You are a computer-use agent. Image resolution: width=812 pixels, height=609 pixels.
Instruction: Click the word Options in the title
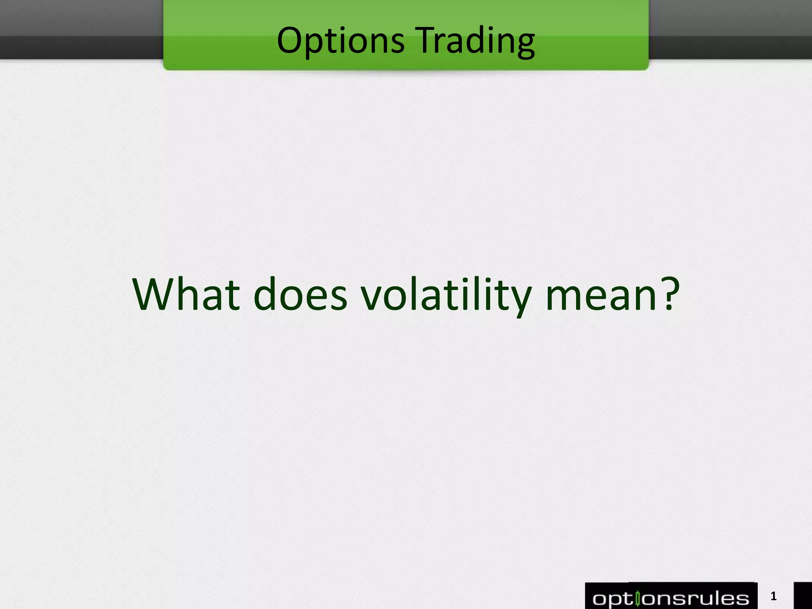341,40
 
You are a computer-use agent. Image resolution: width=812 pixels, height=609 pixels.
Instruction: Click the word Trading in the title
477,40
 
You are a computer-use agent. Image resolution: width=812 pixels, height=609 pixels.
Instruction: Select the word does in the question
300,294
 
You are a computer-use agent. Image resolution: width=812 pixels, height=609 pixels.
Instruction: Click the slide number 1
773,596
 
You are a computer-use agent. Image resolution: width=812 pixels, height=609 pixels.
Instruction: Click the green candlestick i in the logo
638,598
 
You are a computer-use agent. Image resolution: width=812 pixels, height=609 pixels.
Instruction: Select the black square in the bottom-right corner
803,596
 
